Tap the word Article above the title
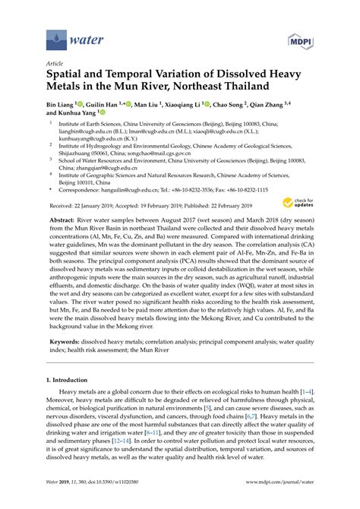[x=55, y=65]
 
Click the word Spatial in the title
[x=68, y=76]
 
